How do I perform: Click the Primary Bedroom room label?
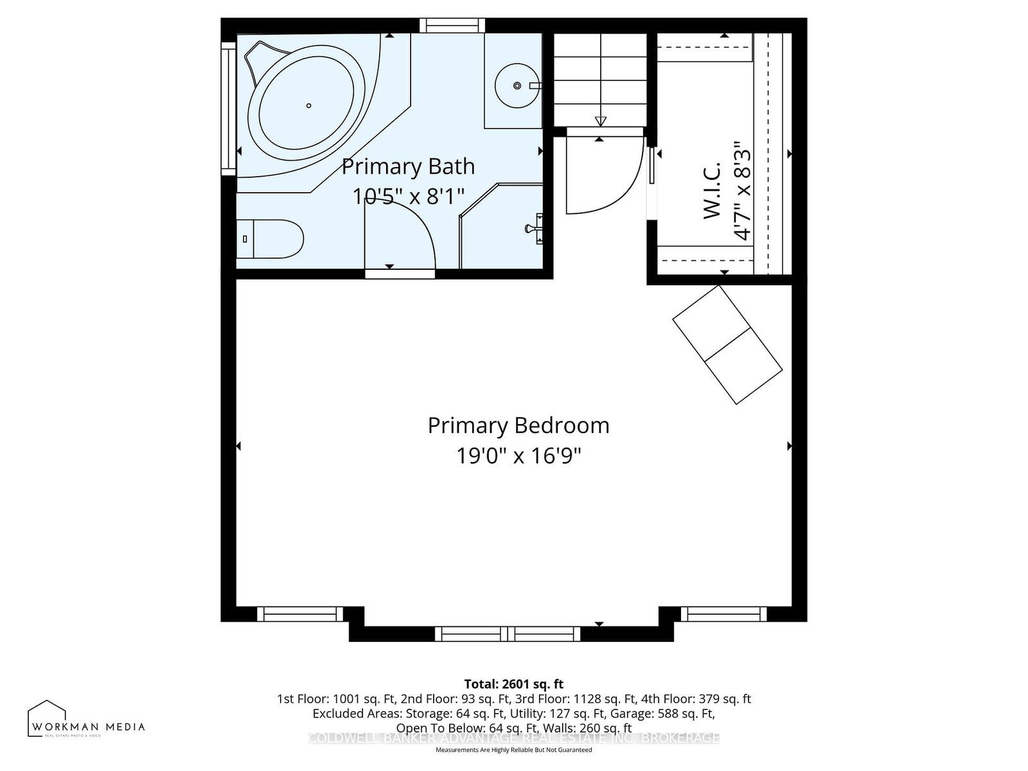[x=518, y=425]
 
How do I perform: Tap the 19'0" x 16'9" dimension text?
[x=518, y=456]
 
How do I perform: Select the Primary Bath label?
[x=408, y=166]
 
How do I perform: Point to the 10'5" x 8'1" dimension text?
[x=408, y=196]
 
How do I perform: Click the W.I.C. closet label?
[x=713, y=190]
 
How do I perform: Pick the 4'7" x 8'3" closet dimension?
[x=742, y=191]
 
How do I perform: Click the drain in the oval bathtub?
[x=309, y=106]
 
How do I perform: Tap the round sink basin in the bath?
[x=517, y=85]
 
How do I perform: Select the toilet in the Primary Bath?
[x=270, y=239]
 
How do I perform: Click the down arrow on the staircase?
[x=601, y=121]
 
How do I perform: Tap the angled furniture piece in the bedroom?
[x=727, y=345]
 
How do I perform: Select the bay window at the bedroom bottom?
[x=508, y=634]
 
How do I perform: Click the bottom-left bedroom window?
[x=300, y=614]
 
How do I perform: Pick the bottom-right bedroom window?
[x=724, y=614]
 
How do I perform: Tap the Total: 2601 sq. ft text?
[x=514, y=684]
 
